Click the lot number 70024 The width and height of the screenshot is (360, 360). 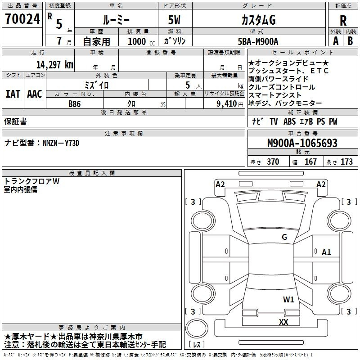(22, 19)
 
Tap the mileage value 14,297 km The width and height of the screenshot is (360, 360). (55, 65)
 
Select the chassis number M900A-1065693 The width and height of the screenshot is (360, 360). (302, 143)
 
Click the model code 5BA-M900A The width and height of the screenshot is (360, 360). (258, 41)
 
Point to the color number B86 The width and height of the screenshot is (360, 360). (75, 104)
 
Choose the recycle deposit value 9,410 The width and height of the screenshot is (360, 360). (227, 103)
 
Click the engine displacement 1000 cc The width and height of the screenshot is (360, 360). (141, 41)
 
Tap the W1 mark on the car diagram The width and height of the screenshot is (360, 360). (288, 299)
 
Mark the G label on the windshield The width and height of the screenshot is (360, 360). (284, 237)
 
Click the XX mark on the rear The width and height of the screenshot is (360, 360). (283, 322)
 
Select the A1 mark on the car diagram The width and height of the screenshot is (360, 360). (326, 252)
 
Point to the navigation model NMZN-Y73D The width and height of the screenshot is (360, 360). (61, 143)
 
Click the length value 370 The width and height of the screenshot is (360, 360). (273, 162)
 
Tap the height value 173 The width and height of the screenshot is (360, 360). (346, 162)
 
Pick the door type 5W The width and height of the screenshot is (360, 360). (174, 20)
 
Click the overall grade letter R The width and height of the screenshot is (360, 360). (343, 21)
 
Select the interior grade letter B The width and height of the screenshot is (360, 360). (350, 41)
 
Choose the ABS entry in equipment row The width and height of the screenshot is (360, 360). (289, 121)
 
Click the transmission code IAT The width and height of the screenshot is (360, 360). (13, 94)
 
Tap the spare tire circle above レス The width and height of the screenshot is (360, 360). (197, 328)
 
